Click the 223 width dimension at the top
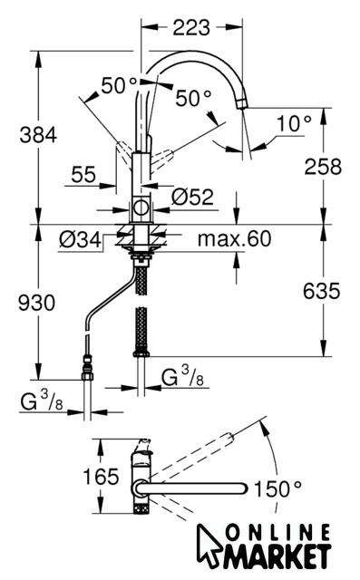tap(191, 28)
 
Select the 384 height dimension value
tap(38, 134)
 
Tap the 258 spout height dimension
tap(323, 166)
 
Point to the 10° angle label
tap(294, 123)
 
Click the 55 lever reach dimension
tap(83, 174)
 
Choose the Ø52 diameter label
tap(192, 197)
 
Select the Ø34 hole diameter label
tap(80, 239)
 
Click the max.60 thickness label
tap(235, 238)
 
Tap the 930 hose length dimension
tap(36, 303)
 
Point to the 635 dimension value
tap(321, 290)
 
